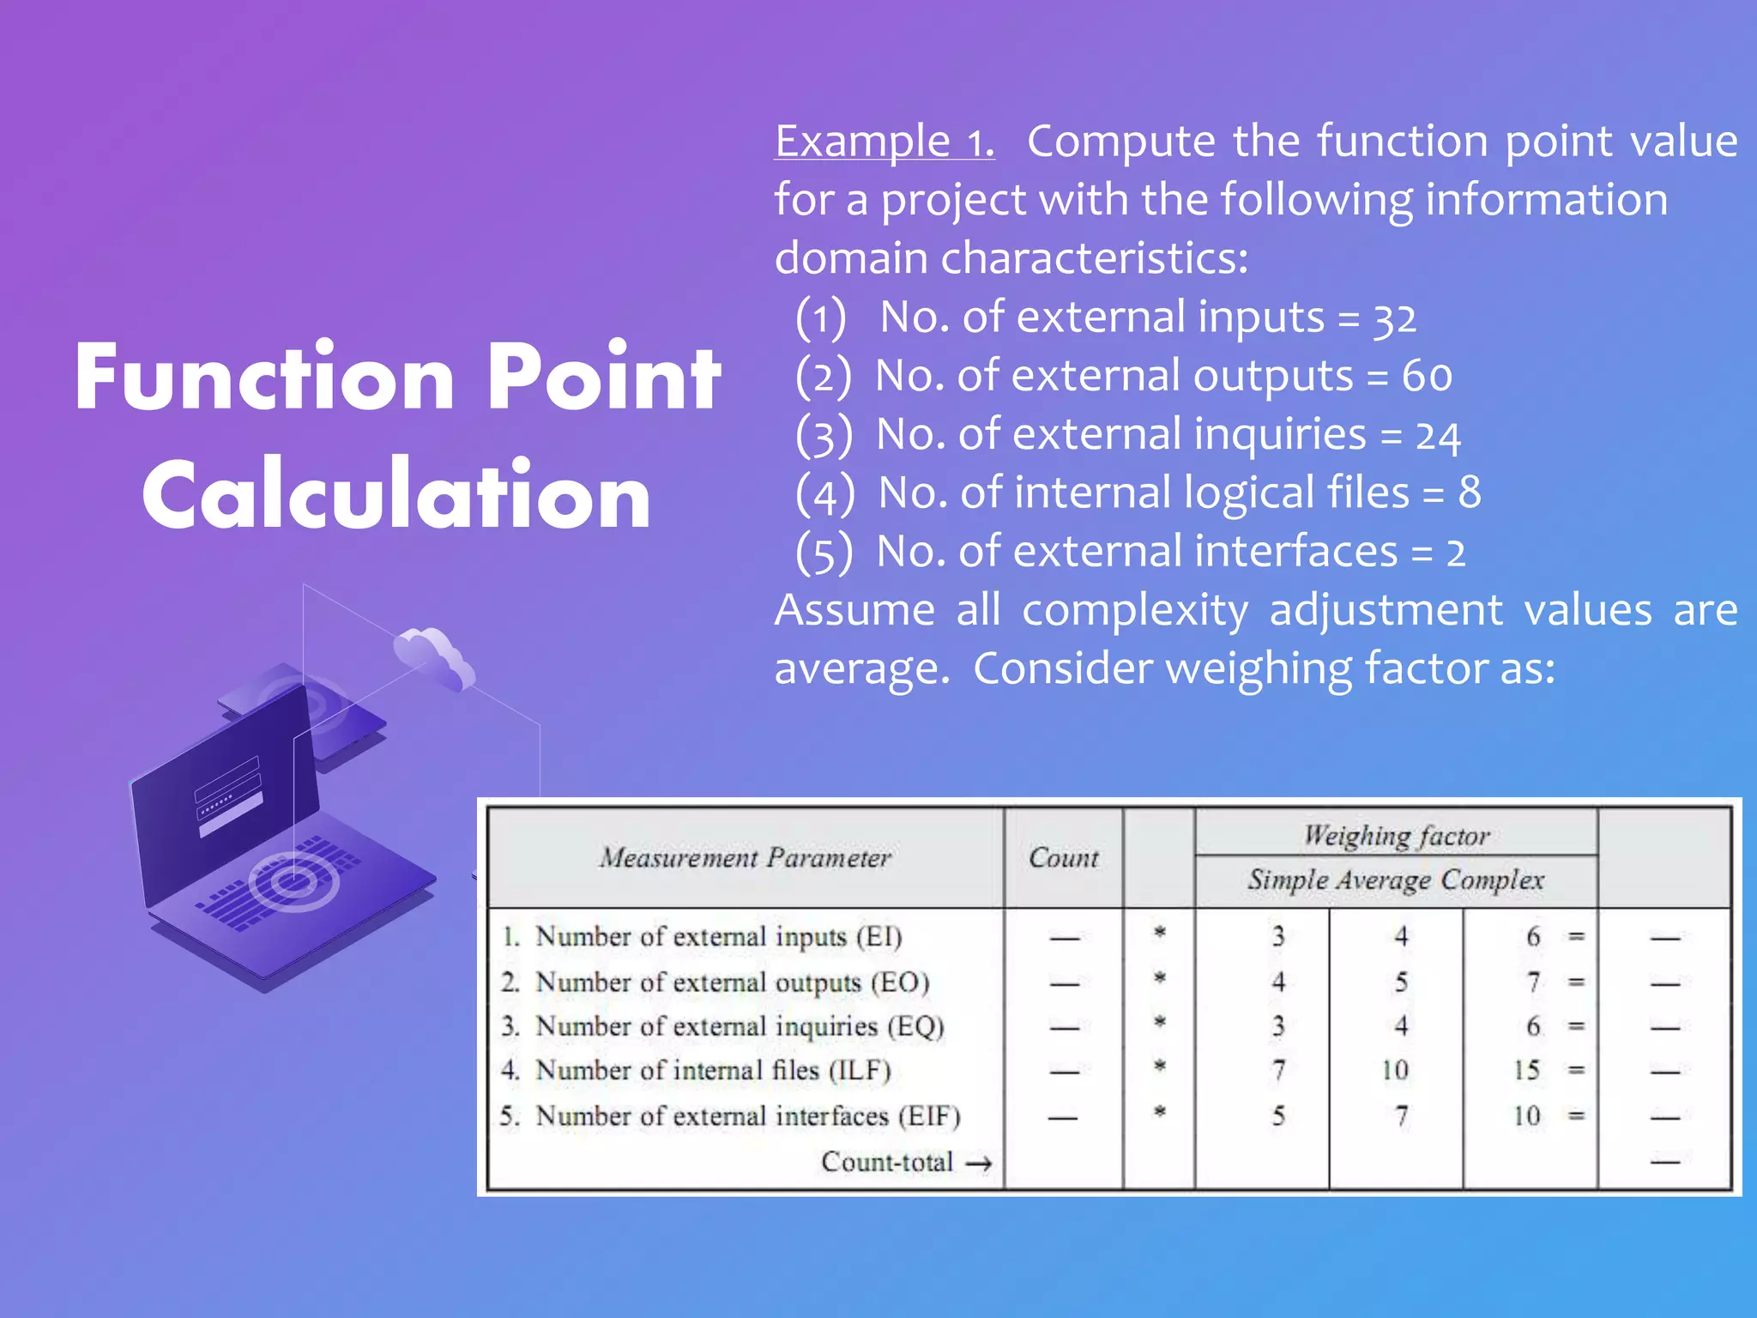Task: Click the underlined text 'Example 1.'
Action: pyautogui.click(x=884, y=142)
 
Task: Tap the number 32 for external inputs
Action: pyautogui.click(x=1394, y=319)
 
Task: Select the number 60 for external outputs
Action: pyautogui.click(x=1427, y=376)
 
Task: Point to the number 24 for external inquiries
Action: pyautogui.click(x=1438, y=436)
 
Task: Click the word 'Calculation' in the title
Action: pyautogui.click(x=396, y=496)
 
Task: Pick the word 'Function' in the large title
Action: pyautogui.click(x=264, y=378)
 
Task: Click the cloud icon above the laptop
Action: pyautogui.click(x=434, y=656)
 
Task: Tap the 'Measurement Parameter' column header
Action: pyautogui.click(x=745, y=857)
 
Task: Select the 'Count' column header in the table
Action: pyautogui.click(x=1063, y=857)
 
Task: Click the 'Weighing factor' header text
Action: pyautogui.click(x=1396, y=835)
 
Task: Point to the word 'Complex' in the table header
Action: pyautogui.click(x=1492, y=880)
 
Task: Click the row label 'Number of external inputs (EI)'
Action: pyautogui.click(x=718, y=936)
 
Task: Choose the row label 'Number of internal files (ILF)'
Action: pyautogui.click(x=712, y=1070)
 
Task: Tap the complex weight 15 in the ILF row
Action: pyautogui.click(x=1526, y=1070)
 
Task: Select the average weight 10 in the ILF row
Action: pyautogui.click(x=1395, y=1070)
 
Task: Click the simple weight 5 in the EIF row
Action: pyautogui.click(x=1277, y=1115)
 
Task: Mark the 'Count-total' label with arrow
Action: pyautogui.click(x=905, y=1162)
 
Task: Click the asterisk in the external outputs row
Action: pyautogui.click(x=1159, y=978)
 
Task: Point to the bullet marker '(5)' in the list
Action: pyautogui.click(x=824, y=553)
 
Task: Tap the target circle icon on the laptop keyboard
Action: pyautogui.click(x=293, y=881)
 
